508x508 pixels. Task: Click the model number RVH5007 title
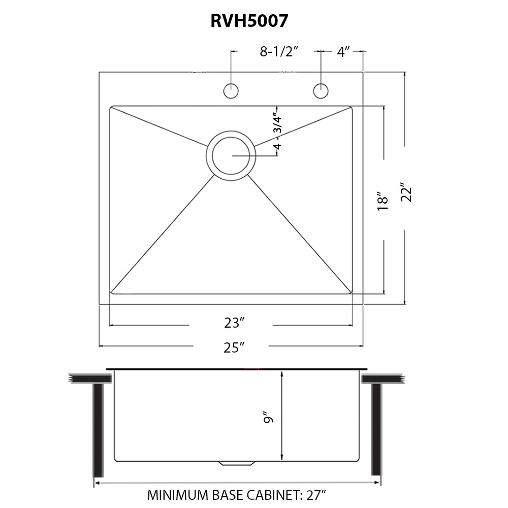pyautogui.click(x=249, y=21)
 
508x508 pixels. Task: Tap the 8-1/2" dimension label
pyautogui.click(x=278, y=51)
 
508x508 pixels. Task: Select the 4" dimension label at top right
pyautogui.click(x=343, y=51)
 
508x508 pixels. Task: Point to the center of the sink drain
pyautogui.click(x=231, y=156)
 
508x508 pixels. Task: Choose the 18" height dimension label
pyautogui.click(x=383, y=200)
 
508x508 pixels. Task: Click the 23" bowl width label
pyautogui.click(x=234, y=323)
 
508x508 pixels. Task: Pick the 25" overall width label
pyautogui.click(x=234, y=347)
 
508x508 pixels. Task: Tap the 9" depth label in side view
pyautogui.click(x=269, y=418)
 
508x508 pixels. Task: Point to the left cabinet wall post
pyautogui.click(x=98, y=430)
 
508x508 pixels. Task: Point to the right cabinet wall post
pyautogui.click(x=376, y=429)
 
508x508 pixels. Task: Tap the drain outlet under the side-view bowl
pyautogui.click(x=236, y=463)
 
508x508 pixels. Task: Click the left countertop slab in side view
pyautogui.click(x=90, y=379)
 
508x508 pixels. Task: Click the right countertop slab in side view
pyautogui.click(x=383, y=379)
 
